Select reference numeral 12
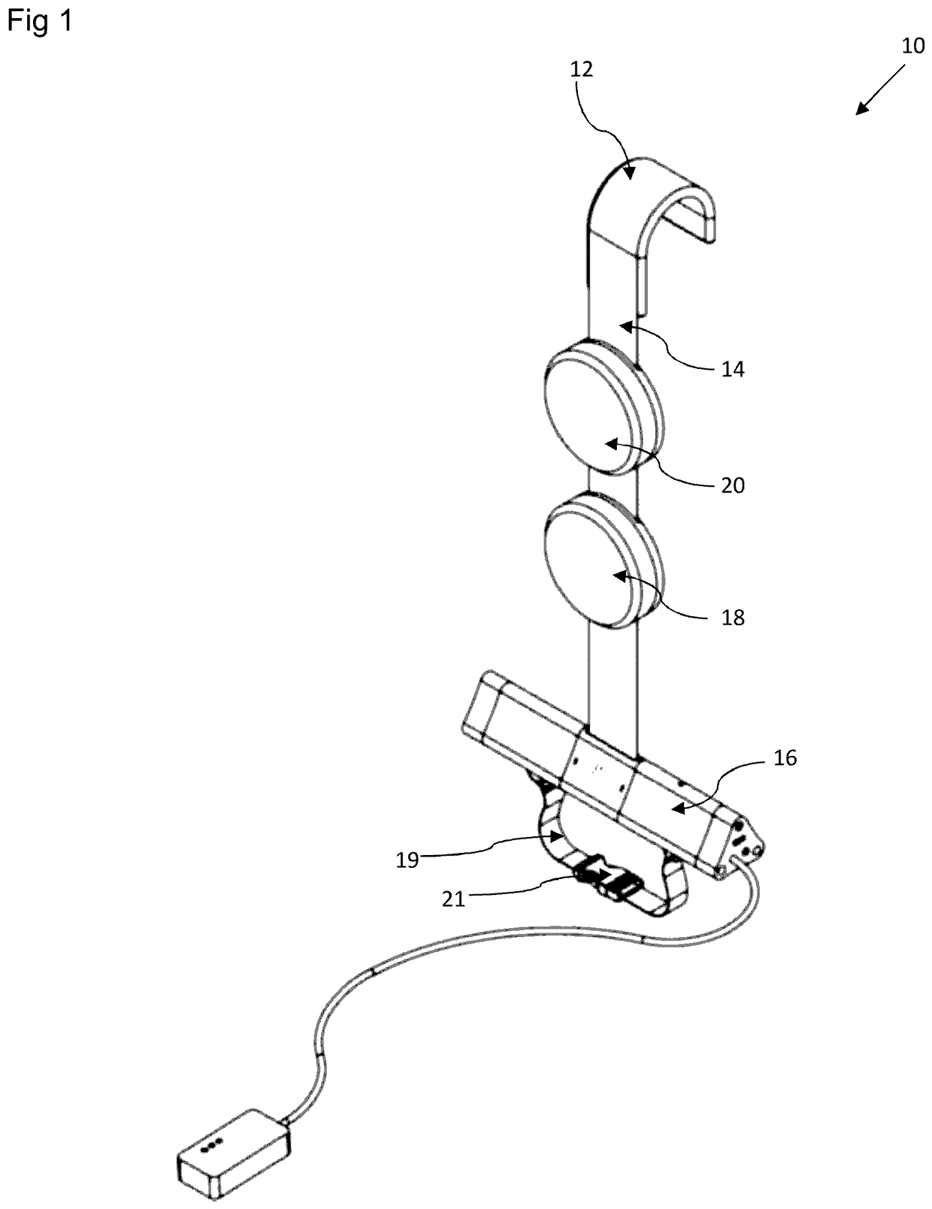click(582, 70)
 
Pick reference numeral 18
click(732, 618)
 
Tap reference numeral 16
click(785, 759)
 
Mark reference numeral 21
click(453, 898)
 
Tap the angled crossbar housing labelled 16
click(669, 804)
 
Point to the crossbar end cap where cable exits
click(743, 849)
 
